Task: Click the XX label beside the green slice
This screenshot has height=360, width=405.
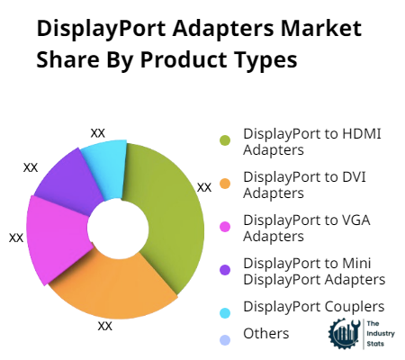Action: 204,187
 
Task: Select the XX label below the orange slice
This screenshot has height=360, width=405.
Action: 105,326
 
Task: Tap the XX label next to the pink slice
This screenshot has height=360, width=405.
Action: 16,238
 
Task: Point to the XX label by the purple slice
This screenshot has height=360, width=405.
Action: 31,167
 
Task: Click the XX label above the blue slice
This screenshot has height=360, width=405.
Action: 98,133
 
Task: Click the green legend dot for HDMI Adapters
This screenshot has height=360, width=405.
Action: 225,140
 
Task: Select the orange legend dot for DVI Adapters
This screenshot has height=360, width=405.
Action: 225,184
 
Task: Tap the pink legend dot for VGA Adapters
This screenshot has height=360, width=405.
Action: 225,227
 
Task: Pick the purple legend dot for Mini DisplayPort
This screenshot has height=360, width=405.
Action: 225,270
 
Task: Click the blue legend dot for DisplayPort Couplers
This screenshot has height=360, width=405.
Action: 225,313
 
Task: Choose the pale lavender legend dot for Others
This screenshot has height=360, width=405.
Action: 225,340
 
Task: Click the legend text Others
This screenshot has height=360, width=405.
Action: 266,334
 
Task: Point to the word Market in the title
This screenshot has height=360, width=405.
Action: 321,29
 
